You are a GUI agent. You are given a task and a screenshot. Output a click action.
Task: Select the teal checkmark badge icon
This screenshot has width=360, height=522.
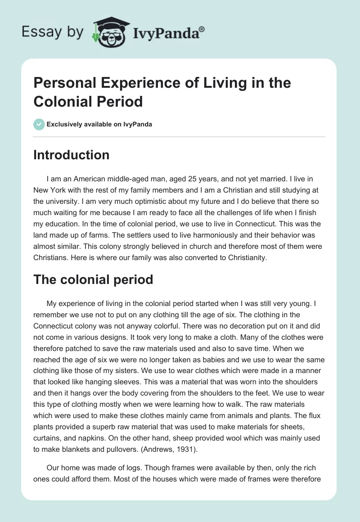pos(39,124)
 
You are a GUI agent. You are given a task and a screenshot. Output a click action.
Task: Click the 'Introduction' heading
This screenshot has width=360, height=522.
pos(71,155)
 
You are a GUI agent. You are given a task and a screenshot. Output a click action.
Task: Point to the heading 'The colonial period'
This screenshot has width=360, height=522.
pos(93,279)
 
